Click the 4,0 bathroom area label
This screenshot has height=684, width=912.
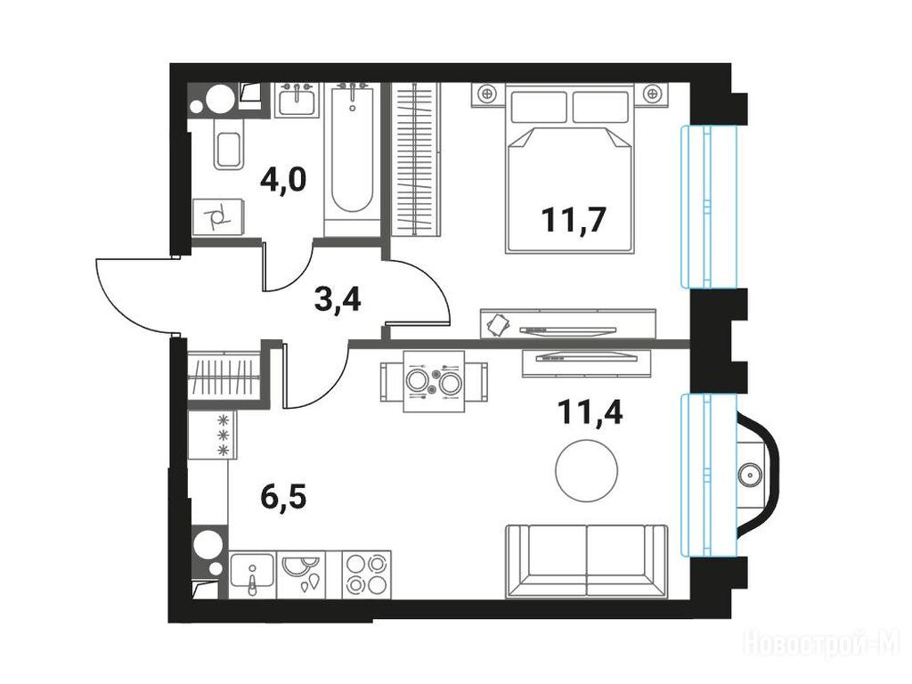coord(282,180)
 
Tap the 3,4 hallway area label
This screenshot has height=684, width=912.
coord(338,299)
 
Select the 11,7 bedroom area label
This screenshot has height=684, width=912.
coord(574,219)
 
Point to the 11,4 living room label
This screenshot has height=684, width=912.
coord(590,411)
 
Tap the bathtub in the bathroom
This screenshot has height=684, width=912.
coord(353,159)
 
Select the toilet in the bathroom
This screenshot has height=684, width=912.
coord(229,144)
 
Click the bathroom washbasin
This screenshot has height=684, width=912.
coord(297,100)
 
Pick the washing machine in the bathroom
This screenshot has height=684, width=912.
coord(218,216)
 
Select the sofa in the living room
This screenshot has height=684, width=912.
coord(587,561)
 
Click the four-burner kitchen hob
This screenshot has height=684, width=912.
coord(366,574)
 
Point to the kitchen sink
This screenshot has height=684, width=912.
coord(252,574)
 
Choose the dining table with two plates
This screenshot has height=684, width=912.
coord(434,381)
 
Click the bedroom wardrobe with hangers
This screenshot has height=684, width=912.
coord(415,159)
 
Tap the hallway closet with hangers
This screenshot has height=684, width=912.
coord(224,376)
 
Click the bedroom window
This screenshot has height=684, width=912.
coord(709,207)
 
